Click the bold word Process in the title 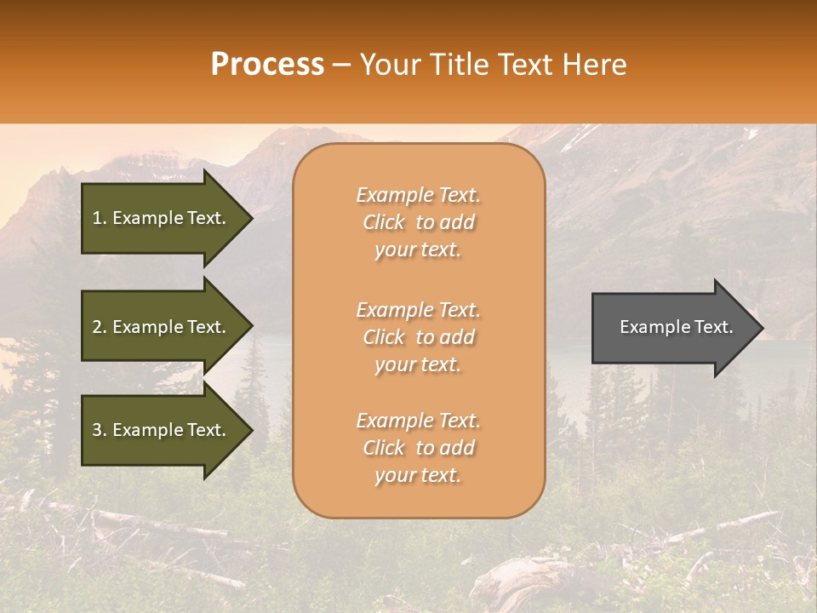[x=267, y=64]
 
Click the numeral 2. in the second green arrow [x=100, y=327]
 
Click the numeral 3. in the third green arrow [x=100, y=430]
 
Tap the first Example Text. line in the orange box [x=418, y=195]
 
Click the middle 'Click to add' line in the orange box [x=418, y=337]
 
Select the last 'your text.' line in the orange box [x=418, y=476]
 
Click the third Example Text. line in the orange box [x=418, y=421]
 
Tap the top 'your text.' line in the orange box [x=418, y=250]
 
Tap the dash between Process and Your [x=341, y=66]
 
